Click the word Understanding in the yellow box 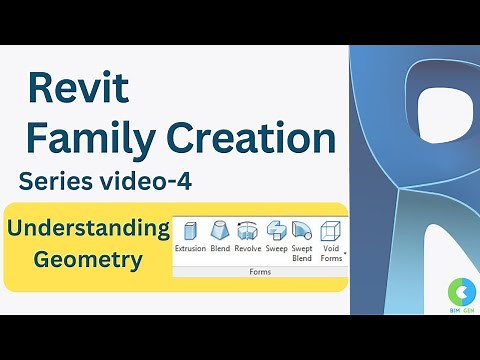pyautogui.click(x=88, y=228)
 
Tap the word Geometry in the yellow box pyautogui.click(x=88, y=261)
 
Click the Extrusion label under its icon pyautogui.click(x=190, y=248)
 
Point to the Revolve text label pyautogui.click(x=248, y=248)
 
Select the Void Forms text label pyautogui.click(x=329, y=253)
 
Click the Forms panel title pyautogui.click(x=259, y=271)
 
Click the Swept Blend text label pyautogui.click(x=302, y=253)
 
